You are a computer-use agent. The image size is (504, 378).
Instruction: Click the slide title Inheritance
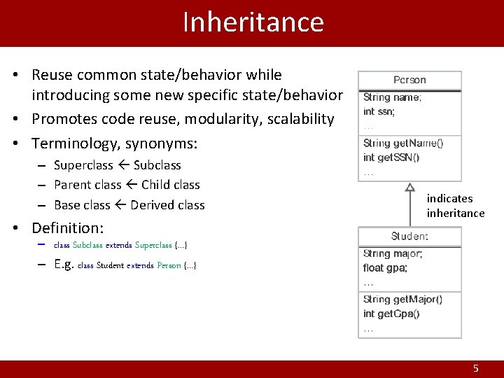click(x=253, y=22)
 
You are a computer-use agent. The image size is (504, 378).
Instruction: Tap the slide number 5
click(x=476, y=368)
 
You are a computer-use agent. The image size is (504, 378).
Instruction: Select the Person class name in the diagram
click(x=409, y=80)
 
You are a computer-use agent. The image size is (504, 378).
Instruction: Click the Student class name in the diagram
click(x=409, y=237)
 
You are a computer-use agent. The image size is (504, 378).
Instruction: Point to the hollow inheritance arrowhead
click(x=410, y=187)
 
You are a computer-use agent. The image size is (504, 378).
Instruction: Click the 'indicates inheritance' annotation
click(x=455, y=206)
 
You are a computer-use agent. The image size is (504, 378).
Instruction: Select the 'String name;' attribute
click(x=392, y=98)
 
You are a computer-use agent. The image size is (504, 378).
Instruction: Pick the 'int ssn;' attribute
click(x=379, y=111)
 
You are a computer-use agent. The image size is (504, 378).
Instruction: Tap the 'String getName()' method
click(x=402, y=143)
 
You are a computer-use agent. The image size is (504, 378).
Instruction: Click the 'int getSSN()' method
click(x=391, y=157)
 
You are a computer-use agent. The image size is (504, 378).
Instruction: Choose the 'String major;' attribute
click(x=393, y=254)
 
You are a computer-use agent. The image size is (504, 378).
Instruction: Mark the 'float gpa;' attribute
click(x=385, y=268)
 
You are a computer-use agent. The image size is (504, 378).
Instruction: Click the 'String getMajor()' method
click(x=402, y=300)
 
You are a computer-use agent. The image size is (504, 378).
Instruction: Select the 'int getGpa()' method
click(x=391, y=314)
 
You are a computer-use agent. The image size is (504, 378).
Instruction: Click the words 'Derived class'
click(x=167, y=205)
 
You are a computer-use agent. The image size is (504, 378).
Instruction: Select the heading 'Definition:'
click(x=67, y=228)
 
